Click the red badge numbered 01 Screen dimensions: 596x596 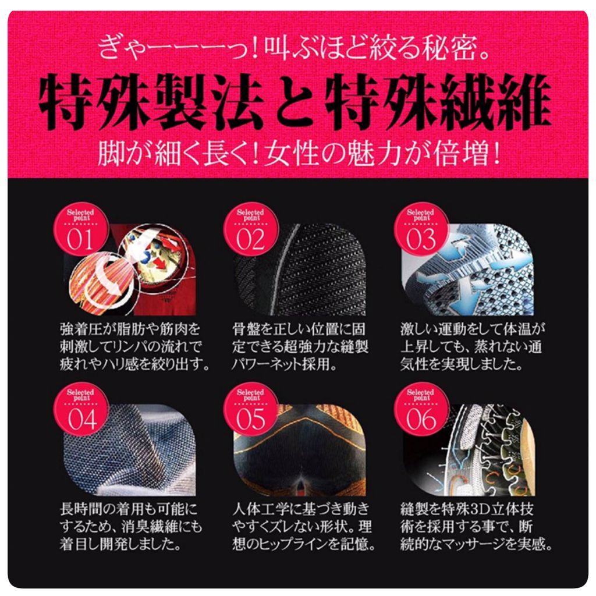pyautogui.click(x=80, y=230)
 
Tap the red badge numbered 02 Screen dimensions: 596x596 pyautogui.click(x=250, y=230)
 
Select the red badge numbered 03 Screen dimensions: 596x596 pyautogui.click(x=421, y=230)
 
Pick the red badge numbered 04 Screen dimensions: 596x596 pyautogui.click(x=80, y=410)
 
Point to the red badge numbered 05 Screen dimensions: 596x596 pyautogui.click(x=250, y=410)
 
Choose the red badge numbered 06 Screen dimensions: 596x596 pyautogui.click(x=421, y=410)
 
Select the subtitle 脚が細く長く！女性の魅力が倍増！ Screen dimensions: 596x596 pyautogui.click(x=299, y=154)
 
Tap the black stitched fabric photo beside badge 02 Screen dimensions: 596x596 pyautogui.click(x=300, y=270)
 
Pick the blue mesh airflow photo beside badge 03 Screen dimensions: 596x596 pyautogui.click(x=467, y=270)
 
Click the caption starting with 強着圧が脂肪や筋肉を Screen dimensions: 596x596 pyautogui.click(x=134, y=347)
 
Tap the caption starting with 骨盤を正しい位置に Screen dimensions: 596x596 pyautogui.click(x=300, y=347)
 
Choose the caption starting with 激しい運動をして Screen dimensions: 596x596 pyautogui.click(x=473, y=347)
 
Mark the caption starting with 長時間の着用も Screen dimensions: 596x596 pyautogui.click(x=131, y=527)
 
